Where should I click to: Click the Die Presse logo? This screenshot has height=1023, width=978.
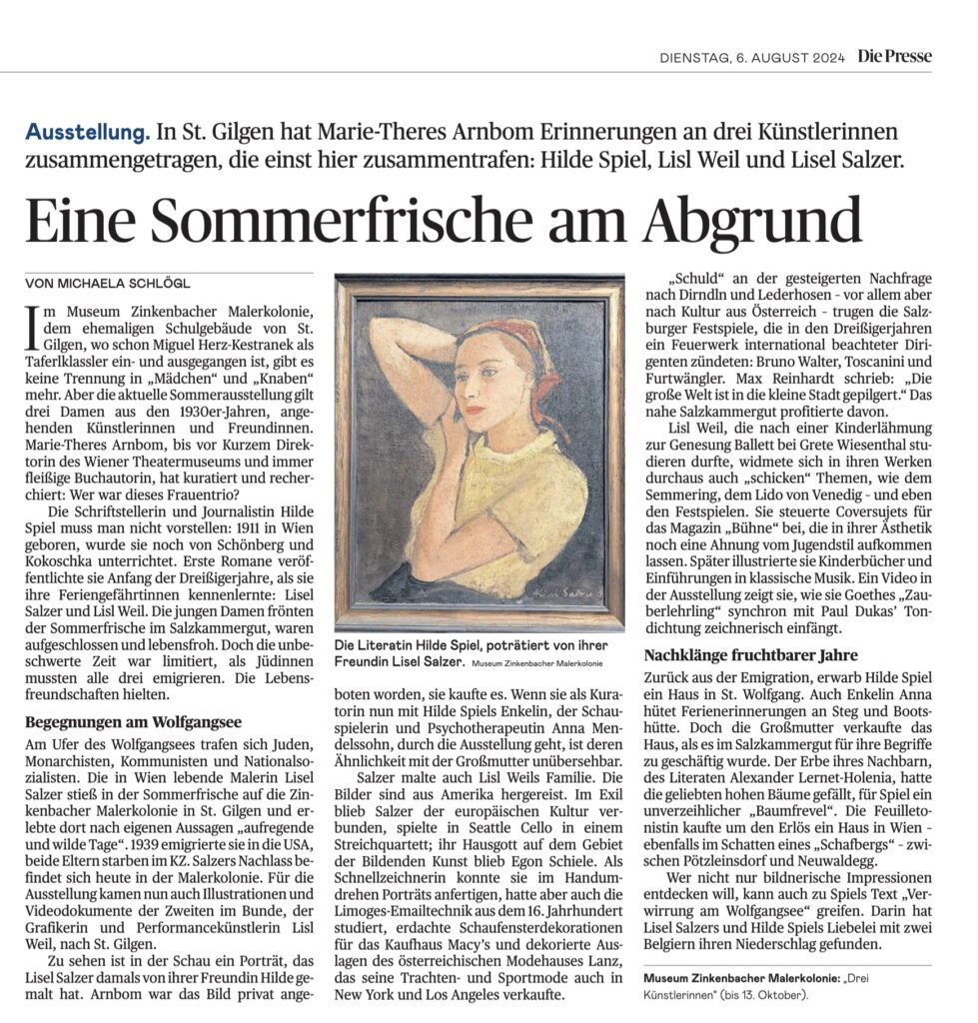[894, 57]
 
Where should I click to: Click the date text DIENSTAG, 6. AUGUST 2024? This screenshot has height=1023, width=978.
[751, 58]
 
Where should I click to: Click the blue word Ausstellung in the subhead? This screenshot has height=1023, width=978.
[88, 132]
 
